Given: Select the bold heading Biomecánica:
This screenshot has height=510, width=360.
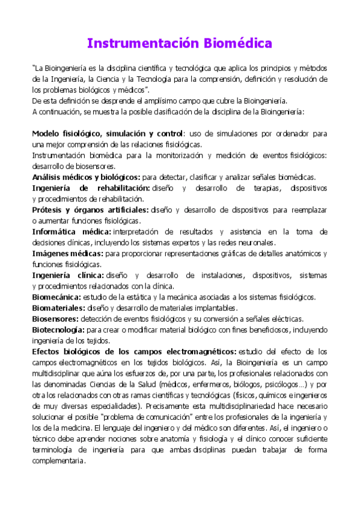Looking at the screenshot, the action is pyautogui.click(x=56, y=297).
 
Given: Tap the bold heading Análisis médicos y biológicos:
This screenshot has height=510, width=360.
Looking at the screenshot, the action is pyautogui.click(x=86, y=177).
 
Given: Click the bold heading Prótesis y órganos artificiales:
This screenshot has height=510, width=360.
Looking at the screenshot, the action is pyautogui.click(x=90, y=210).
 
